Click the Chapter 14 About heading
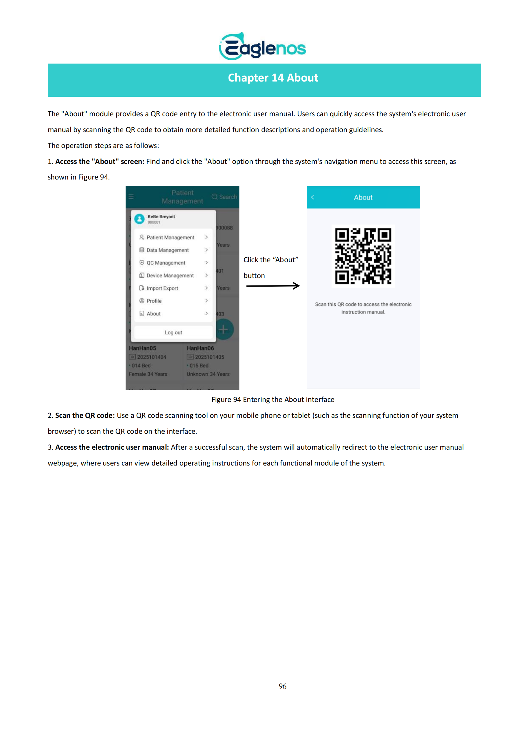273,78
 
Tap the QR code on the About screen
363,256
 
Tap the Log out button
174,332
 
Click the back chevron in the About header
312,197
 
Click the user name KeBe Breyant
161,217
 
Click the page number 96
282,686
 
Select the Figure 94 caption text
273,399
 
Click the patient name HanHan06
200,348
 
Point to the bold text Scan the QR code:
85,415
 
